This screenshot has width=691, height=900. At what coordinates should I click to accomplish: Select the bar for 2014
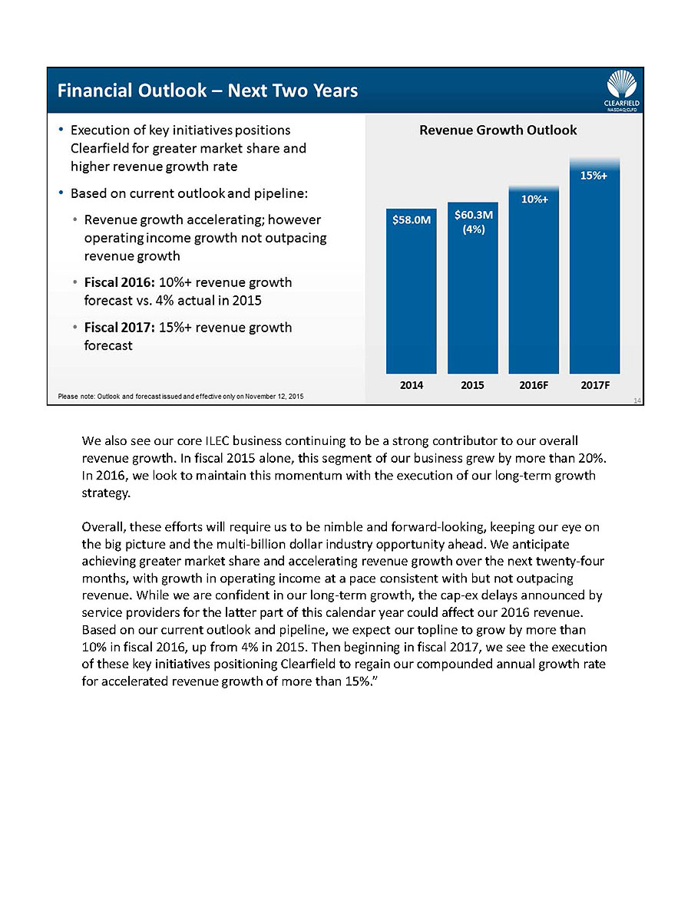tap(411, 299)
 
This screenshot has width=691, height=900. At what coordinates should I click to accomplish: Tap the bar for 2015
tap(472, 299)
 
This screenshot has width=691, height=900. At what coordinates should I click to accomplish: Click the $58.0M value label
tap(411, 220)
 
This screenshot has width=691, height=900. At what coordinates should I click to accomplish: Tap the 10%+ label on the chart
tap(534, 199)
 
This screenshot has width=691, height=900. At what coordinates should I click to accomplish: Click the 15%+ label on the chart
tap(594, 176)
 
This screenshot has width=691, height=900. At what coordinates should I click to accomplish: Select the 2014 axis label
tap(412, 385)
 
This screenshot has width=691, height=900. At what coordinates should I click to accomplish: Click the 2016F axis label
tap(534, 385)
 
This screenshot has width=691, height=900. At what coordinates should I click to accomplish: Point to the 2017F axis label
tap(595, 385)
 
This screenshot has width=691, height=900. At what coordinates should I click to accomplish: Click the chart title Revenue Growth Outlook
tap(498, 130)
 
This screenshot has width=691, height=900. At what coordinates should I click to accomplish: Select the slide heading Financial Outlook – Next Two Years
tap(208, 91)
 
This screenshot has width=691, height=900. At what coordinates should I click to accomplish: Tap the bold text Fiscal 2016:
tap(118, 282)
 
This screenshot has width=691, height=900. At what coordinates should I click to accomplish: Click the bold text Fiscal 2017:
tap(118, 328)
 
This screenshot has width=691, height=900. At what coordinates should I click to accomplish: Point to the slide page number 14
tap(637, 400)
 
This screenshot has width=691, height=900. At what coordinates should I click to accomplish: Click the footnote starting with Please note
tap(181, 396)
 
